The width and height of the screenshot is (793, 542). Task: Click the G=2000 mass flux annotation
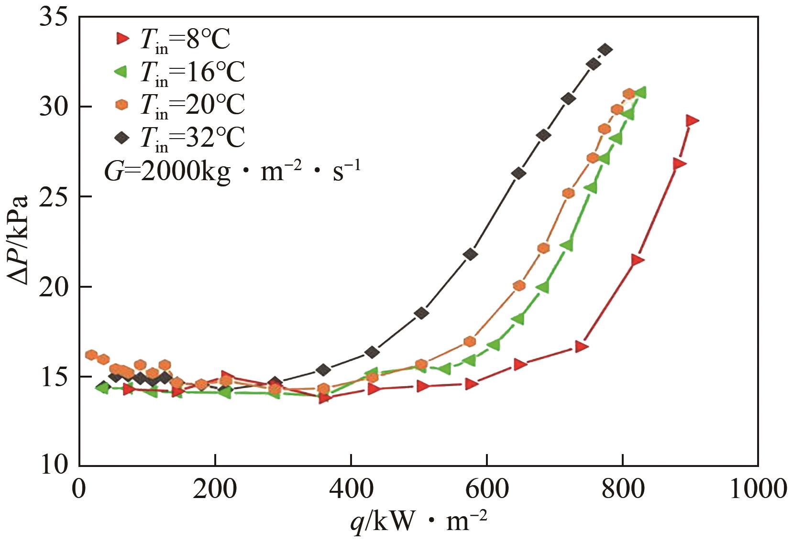(232, 172)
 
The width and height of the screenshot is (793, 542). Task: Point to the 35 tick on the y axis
(54, 18)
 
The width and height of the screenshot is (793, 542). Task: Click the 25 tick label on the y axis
(54, 197)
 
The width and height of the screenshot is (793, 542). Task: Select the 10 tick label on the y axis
(54, 465)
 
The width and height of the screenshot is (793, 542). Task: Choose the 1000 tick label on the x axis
(758, 489)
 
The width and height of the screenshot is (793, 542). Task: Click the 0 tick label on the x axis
(79, 489)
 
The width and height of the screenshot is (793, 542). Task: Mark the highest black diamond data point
(606, 49)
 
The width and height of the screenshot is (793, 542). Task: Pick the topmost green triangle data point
(640, 92)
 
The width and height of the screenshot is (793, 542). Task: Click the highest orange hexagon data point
(628, 94)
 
